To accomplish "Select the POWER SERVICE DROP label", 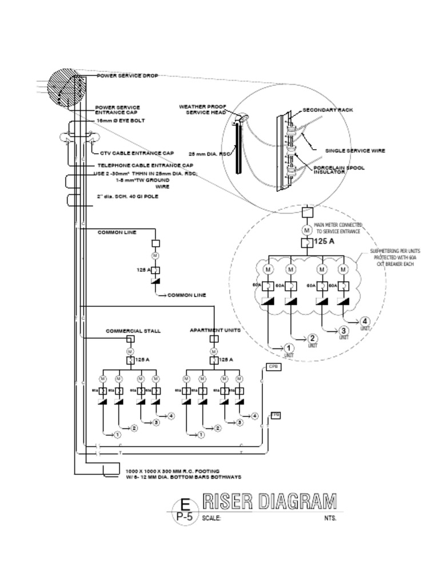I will coord(127,75).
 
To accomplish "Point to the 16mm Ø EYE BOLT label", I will coord(120,121).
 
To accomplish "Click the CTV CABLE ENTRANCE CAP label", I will coord(137,153).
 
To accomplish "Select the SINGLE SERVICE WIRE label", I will coord(355,151).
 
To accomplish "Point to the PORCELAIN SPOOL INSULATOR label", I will coord(339,170).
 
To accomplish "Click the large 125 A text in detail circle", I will coord(324,242).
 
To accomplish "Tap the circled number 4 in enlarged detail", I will coord(365,321).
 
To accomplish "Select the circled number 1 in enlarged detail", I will coord(289,348).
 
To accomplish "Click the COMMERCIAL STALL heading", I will coord(133,331).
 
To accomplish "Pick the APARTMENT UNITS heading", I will coord(215,330).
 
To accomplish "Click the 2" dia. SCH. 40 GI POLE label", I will coord(127,196).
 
